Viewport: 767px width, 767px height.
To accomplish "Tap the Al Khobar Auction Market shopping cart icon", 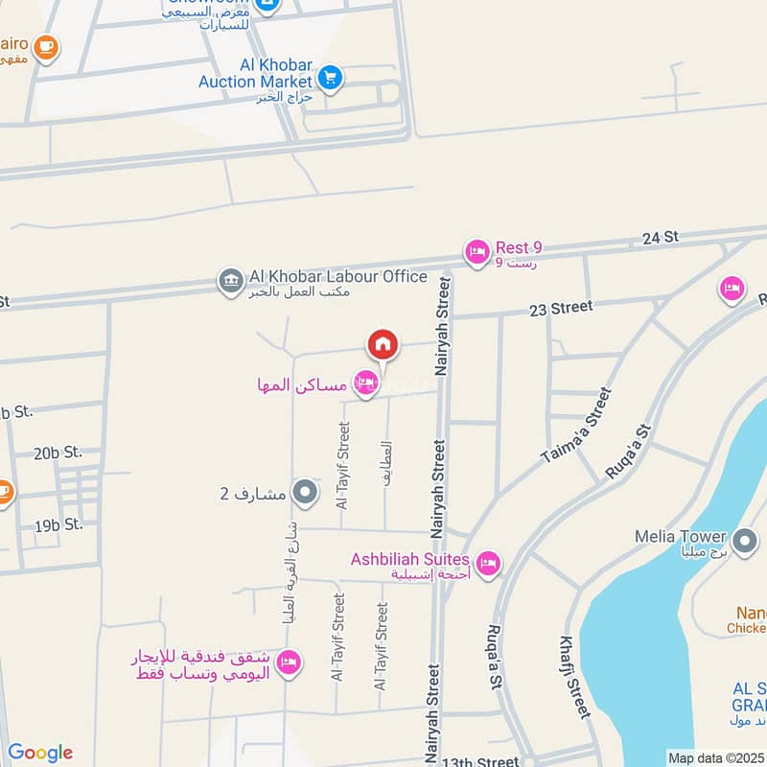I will pos(330,76).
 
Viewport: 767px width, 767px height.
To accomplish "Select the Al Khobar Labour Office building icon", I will pos(230,282).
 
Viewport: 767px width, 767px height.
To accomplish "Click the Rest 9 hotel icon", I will pos(476,253).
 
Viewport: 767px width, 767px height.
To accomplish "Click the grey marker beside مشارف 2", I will pos(305,494).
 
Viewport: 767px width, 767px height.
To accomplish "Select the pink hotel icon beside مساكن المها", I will pos(365,385).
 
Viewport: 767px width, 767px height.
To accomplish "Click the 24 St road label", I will pos(660,237).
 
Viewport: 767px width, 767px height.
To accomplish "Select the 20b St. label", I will pos(58,452).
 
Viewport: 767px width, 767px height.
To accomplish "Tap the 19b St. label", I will pos(59,526).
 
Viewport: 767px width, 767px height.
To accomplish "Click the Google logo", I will pos(39,753).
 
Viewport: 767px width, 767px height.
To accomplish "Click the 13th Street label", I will pos(480,761).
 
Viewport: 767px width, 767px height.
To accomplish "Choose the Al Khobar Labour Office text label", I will pos(337,277).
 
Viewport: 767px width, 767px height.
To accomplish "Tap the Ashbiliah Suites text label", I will pos(409,559).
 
